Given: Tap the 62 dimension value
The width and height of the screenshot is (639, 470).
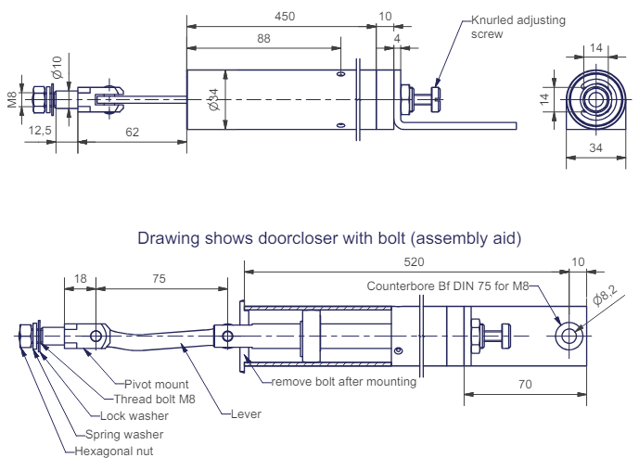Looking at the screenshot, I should click(x=132, y=133).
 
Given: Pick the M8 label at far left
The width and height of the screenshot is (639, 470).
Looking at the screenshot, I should click(x=13, y=99).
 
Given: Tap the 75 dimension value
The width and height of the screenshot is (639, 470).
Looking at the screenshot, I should click(x=160, y=278).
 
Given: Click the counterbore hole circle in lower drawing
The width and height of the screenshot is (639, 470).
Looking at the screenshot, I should click(x=569, y=337).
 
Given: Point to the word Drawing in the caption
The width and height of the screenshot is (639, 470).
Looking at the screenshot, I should click(x=162, y=238).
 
